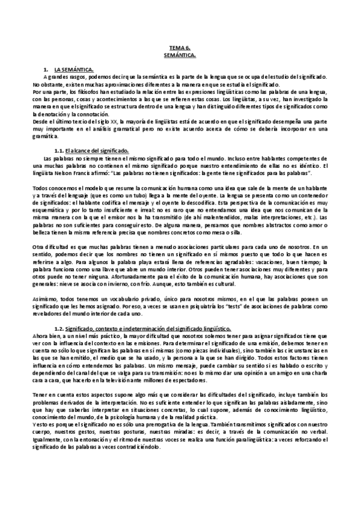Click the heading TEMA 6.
coord(180,48)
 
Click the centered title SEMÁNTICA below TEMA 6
coord(180,55)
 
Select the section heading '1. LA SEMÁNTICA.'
coord(73,70)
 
